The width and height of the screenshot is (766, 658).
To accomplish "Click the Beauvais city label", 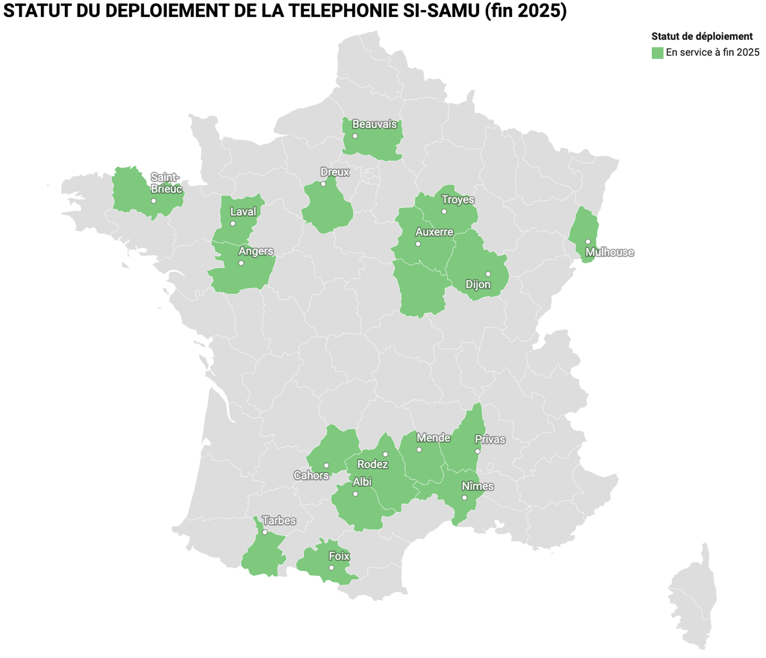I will point(374,124).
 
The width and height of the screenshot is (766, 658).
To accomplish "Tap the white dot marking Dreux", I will point(323,184).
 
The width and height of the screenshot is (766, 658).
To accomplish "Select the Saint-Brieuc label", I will point(166,183).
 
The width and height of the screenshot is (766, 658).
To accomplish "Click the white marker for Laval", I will point(233,223).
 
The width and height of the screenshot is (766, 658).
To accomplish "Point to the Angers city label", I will point(255,251).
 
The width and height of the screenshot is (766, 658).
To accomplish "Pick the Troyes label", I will point(457,200).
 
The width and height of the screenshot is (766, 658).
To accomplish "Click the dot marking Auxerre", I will point(418,244).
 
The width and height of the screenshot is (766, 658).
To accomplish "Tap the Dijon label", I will point(478,284).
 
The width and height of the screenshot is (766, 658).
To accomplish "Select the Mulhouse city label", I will point(609,252).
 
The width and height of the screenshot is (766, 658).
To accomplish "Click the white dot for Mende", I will point(419,449).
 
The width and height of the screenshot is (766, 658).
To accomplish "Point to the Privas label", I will point(490,440).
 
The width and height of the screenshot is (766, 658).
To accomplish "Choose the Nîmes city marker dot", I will point(464,498).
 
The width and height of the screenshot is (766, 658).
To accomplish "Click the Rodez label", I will point(372,465).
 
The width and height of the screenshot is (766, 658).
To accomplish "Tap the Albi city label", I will point(362,482).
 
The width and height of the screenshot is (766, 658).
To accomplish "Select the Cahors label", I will point(311,476).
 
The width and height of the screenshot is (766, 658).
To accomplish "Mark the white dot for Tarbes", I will point(265,532).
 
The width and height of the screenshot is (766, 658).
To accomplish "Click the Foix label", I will point(339,556).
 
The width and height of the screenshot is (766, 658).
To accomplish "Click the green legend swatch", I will point(657,53).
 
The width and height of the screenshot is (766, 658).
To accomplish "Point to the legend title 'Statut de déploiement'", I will point(702,37).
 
